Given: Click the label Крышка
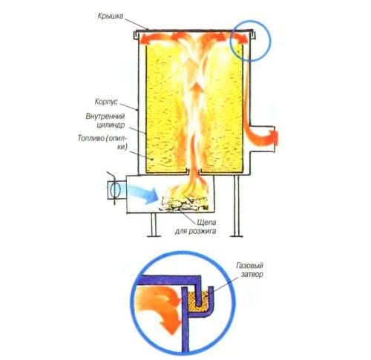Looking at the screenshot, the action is coord(111,16).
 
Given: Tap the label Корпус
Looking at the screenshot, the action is coord(106,102).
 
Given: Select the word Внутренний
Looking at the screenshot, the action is coord(105,117).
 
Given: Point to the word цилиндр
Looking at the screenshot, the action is coord(111,125).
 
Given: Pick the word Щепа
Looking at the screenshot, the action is coord(207,223).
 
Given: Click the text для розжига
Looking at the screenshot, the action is coord(195,232).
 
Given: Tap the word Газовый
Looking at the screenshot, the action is coord(249,266).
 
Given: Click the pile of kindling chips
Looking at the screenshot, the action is coord(184,203).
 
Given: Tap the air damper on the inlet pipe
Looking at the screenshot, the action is coord(115,190).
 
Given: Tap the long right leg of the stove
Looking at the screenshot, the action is coord(237,206).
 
